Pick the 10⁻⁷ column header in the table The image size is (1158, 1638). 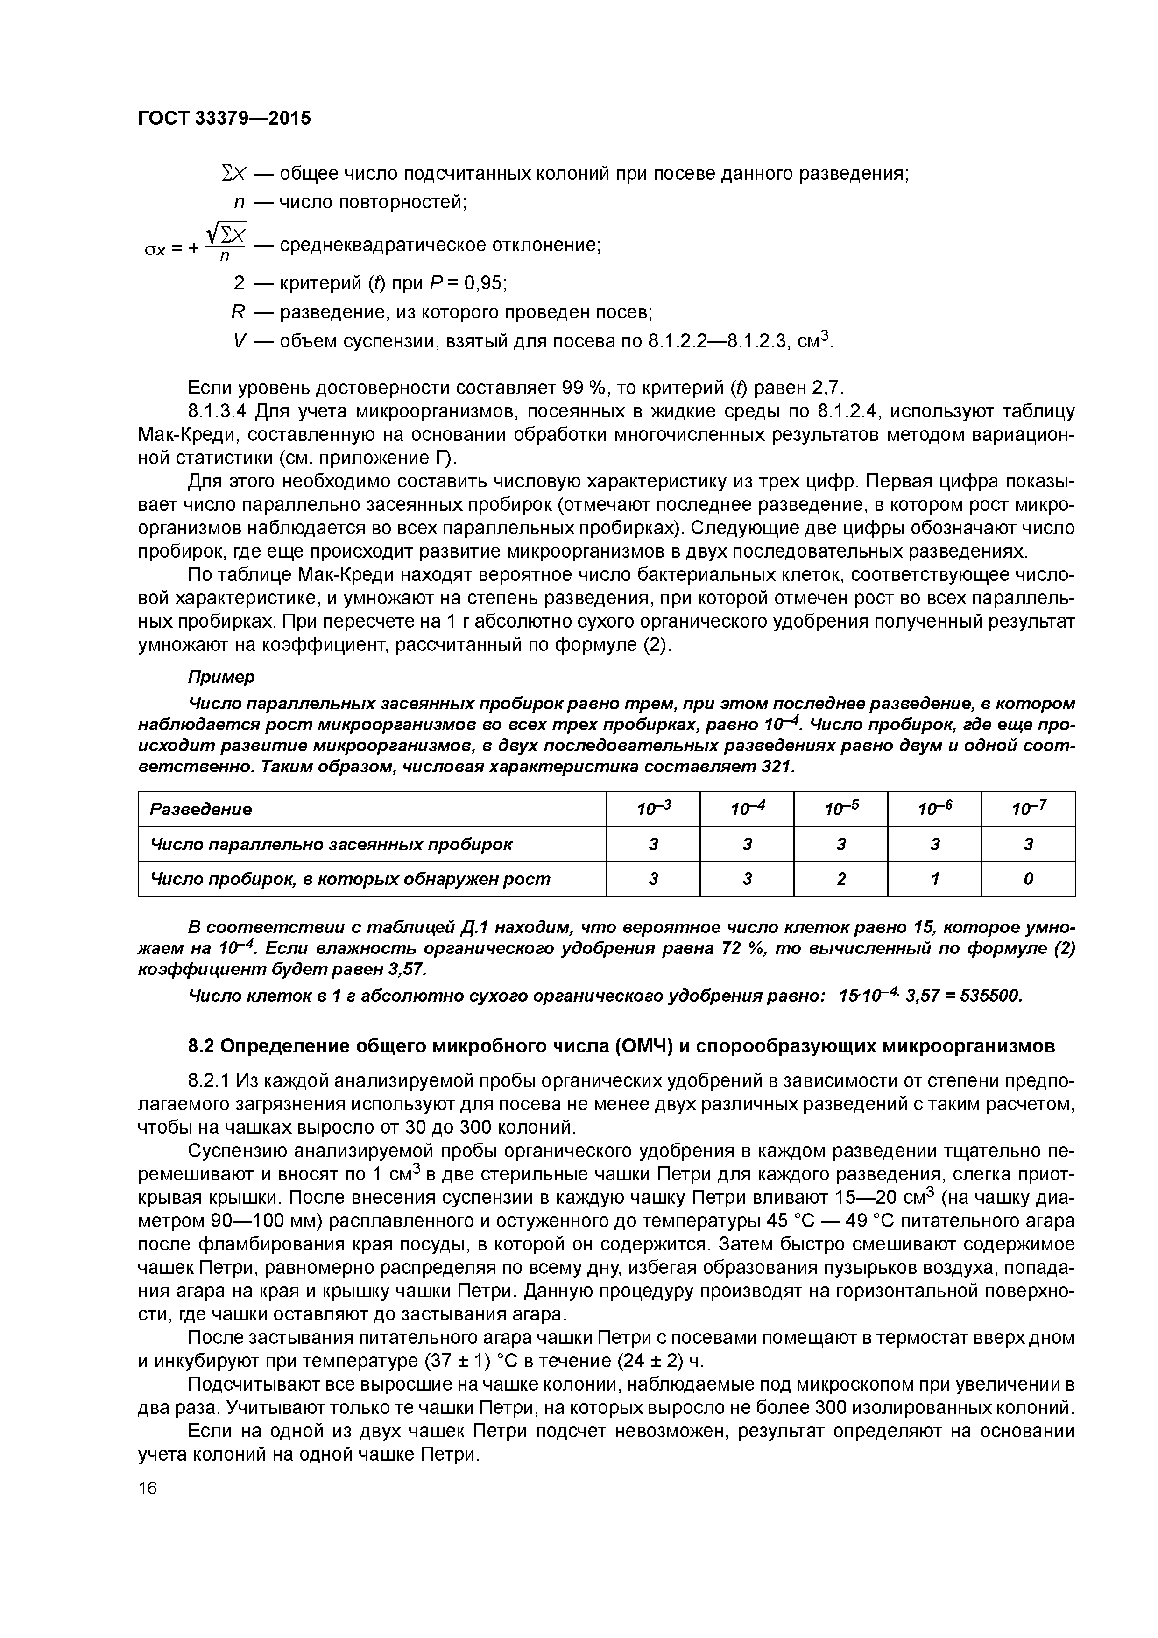(x=1028, y=809)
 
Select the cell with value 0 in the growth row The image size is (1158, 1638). (x=1028, y=879)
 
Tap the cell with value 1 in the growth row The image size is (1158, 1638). (x=935, y=879)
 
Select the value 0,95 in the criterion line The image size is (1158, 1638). (x=485, y=283)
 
